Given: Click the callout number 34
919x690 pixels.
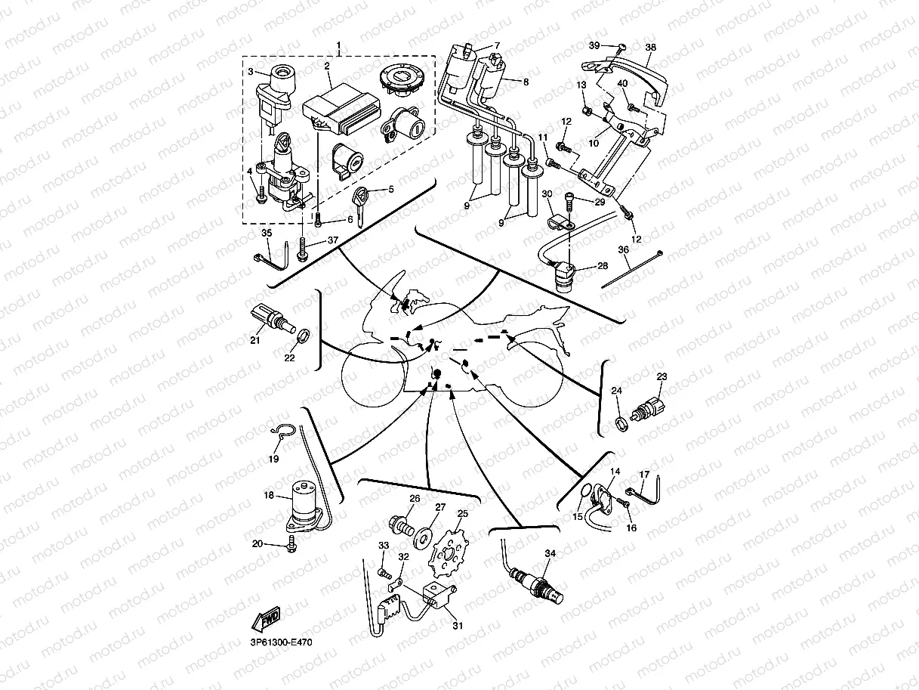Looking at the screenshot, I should [550, 554].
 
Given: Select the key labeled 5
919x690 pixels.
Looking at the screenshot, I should [360, 202].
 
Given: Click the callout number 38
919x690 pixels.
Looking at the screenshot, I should [651, 47].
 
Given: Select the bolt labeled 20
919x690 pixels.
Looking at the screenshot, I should [293, 543].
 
